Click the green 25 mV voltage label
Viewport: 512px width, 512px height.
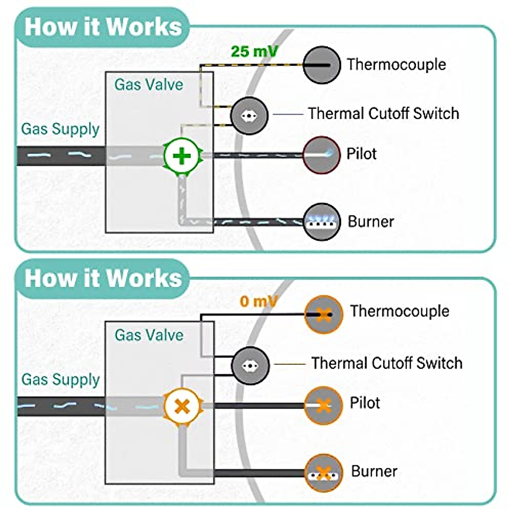pyautogui.click(x=254, y=52)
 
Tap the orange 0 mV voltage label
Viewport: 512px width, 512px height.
pyautogui.click(x=259, y=301)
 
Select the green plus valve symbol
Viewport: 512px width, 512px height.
pyautogui.click(x=182, y=156)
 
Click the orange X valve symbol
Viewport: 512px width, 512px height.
pyautogui.click(x=183, y=406)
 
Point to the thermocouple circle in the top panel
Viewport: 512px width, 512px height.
pyautogui.click(x=322, y=65)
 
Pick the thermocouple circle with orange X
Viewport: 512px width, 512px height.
pyautogui.click(x=324, y=315)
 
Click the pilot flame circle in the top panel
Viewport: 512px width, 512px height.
pyautogui.click(x=321, y=154)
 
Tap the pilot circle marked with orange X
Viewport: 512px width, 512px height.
pyautogui.click(x=323, y=405)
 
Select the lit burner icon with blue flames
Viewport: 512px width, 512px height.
pyautogui.click(x=322, y=221)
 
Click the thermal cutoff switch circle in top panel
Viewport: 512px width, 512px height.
pyautogui.click(x=249, y=116)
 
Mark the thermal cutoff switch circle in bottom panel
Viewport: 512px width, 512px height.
pyautogui.click(x=250, y=366)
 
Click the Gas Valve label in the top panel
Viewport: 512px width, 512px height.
pyautogui.click(x=148, y=84)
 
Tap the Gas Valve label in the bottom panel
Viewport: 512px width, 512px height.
pyautogui.click(x=149, y=335)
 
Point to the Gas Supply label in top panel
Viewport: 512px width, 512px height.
pyautogui.click(x=60, y=129)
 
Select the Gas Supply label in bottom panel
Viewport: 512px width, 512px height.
pyautogui.click(x=61, y=379)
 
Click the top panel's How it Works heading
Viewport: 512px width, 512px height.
pyautogui.click(x=103, y=26)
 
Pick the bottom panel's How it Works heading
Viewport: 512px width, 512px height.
pyautogui.click(x=103, y=278)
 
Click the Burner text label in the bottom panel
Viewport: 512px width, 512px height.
pyautogui.click(x=374, y=471)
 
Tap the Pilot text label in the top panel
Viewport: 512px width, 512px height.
pyautogui.click(x=361, y=154)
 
